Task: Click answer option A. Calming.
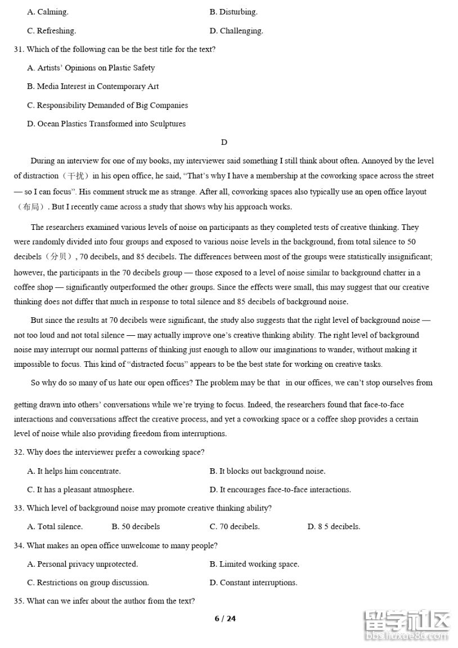pos(47,12)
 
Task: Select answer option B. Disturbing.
pos(233,12)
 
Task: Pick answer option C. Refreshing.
pos(51,30)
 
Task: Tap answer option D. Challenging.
pos(236,30)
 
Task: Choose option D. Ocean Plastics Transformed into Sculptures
pos(106,123)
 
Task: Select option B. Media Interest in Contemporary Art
pos(93,86)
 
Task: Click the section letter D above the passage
pos(224,142)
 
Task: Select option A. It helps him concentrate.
pos(74,471)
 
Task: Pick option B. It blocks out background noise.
pos(267,471)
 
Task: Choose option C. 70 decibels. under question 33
pos(235,526)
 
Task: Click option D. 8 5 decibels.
pos(334,526)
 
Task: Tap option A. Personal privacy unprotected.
pos(82,563)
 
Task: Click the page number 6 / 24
pos(225,618)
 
